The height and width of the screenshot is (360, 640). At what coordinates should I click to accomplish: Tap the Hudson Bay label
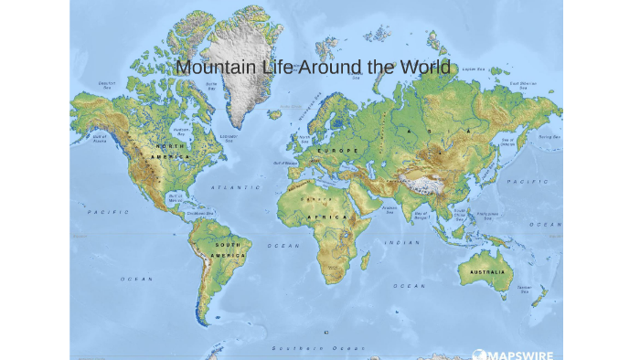pos(180,132)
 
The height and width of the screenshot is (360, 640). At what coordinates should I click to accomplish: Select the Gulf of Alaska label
pos(100,139)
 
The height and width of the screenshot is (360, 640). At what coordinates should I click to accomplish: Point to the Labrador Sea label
pos(229,138)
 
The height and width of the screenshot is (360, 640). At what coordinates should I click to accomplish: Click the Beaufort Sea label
pos(107,85)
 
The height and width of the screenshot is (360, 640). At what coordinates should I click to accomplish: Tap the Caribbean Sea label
pos(199,214)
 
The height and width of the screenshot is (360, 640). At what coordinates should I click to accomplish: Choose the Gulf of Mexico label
pos(176,197)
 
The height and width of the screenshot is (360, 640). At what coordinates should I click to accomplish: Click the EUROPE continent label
pos(338,150)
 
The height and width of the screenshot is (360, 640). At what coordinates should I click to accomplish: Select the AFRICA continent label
pos(326,217)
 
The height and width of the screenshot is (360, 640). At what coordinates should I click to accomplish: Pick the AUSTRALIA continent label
pos(487,271)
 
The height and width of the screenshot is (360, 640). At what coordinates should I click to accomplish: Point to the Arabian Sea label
pos(389,207)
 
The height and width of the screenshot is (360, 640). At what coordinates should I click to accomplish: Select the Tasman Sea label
pos(524,289)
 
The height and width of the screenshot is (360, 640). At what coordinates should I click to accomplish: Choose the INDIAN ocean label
pos(402,242)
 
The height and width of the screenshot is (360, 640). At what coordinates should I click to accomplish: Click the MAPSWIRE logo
pos(512,354)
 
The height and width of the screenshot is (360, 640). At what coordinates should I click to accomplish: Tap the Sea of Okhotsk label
pos(507,142)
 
